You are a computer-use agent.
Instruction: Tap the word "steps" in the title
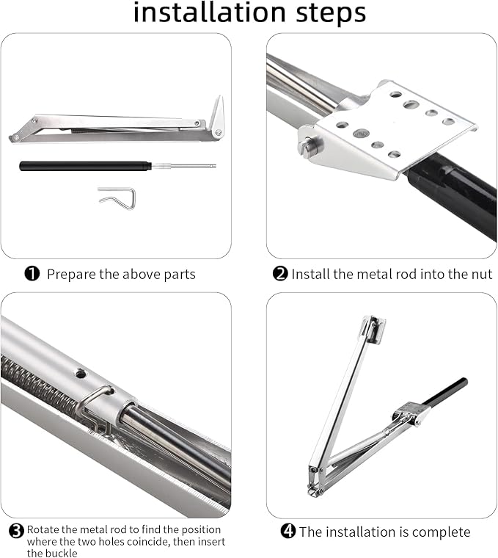(x=331, y=14)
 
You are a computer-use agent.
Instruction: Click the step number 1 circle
(x=32, y=274)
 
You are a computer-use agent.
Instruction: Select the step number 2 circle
(x=280, y=274)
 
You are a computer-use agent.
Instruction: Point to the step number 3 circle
(x=16, y=531)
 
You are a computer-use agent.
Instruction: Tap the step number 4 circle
(x=288, y=531)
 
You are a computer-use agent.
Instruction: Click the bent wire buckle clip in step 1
(x=117, y=198)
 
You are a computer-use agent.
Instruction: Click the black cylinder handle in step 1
(x=85, y=166)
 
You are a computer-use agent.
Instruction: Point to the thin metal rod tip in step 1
(x=213, y=165)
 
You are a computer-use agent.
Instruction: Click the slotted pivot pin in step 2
(x=308, y=146)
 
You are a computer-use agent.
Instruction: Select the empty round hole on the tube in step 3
(x=81, y=374)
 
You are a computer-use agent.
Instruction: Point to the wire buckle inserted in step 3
(x=93, y=407)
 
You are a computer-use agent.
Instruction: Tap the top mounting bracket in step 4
(x=373, y=329)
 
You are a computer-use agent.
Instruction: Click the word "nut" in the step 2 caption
(x=481, y=275)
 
